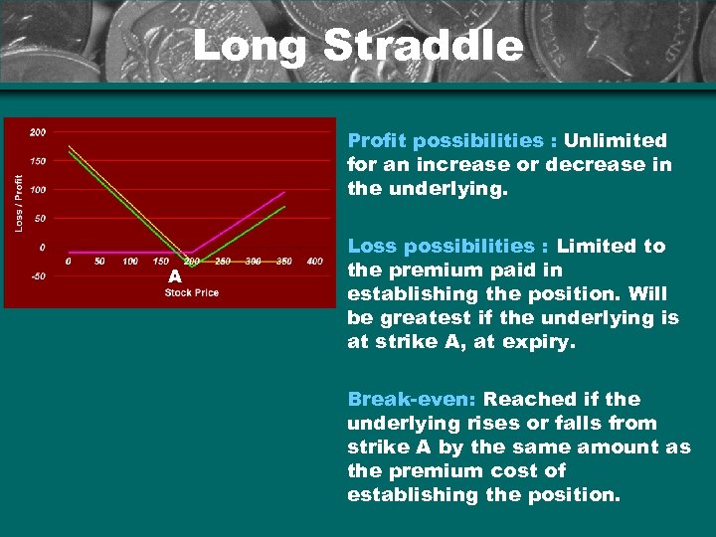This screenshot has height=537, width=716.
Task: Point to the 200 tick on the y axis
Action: tap(37, 132)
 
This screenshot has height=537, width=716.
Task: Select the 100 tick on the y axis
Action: tap(37, 190)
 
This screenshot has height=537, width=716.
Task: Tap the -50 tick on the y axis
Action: tap(37, 276)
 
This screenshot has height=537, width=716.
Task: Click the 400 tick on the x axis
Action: tap(314, 262)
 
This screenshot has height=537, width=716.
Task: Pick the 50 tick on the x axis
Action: tap(99, 262)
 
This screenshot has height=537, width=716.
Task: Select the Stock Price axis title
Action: tap(192, 291)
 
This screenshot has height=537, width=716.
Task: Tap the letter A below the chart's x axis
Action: tap(174, 276)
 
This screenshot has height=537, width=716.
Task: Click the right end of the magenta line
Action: tap(285, 192)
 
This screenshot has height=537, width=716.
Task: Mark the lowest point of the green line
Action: tap(192, 267)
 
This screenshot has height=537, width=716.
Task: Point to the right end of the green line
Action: tap(285, 207)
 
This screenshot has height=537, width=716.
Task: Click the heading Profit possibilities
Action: tap(445, 141)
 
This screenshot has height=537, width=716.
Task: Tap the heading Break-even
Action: tap(412, 399)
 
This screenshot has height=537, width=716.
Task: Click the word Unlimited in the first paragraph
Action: tap(616, 141)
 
